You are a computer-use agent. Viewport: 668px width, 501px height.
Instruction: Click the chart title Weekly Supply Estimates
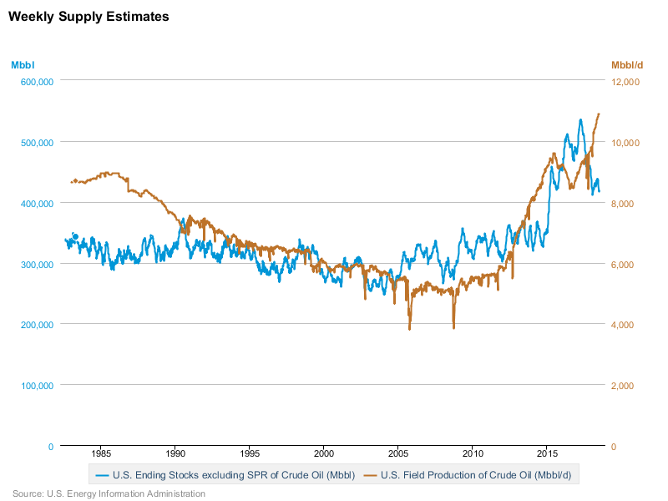pyautogui.click(x=89, y=16)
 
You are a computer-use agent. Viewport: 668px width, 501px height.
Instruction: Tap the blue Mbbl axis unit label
pyautogui.click(x=23, y=64)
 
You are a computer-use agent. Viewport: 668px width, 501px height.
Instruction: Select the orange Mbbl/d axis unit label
pyautogui.click(x=627, y=64)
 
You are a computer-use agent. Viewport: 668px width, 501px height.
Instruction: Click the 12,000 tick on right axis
pyautogui.click(x=625, y=82)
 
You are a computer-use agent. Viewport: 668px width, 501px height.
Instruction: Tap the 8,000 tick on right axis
pyautogui.click(x=625, y=204)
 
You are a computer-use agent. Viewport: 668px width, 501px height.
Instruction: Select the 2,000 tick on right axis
pyautogui.click(x=625, y=386)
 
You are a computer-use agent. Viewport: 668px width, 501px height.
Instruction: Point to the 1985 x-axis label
pyautogui.click(x=100, y=454)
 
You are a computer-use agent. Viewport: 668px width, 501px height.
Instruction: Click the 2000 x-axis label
pyautogui.click(x=324, y=454)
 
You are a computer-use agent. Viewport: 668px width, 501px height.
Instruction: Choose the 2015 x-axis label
pyautogui.click(x=547, y=454)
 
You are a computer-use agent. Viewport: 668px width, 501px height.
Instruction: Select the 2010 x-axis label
pyautogui.click(x=473, y=454)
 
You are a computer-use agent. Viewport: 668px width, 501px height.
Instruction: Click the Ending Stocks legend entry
pyautogui.click(x=225, y=475)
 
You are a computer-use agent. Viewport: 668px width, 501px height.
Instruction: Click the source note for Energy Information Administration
pyautogui.click(x=109, y=493)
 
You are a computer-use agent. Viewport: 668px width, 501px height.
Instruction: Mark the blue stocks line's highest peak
pyautogui.click(x=580, y=120)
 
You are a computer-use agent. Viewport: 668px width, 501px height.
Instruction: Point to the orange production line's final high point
pyautogui.click(x=599, y=114)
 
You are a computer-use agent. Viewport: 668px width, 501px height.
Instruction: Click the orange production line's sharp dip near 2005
pyautogui.click(x=409, y=328)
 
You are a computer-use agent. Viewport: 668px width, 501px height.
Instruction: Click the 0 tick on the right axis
pyautogui.click(x=615, y=447)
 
